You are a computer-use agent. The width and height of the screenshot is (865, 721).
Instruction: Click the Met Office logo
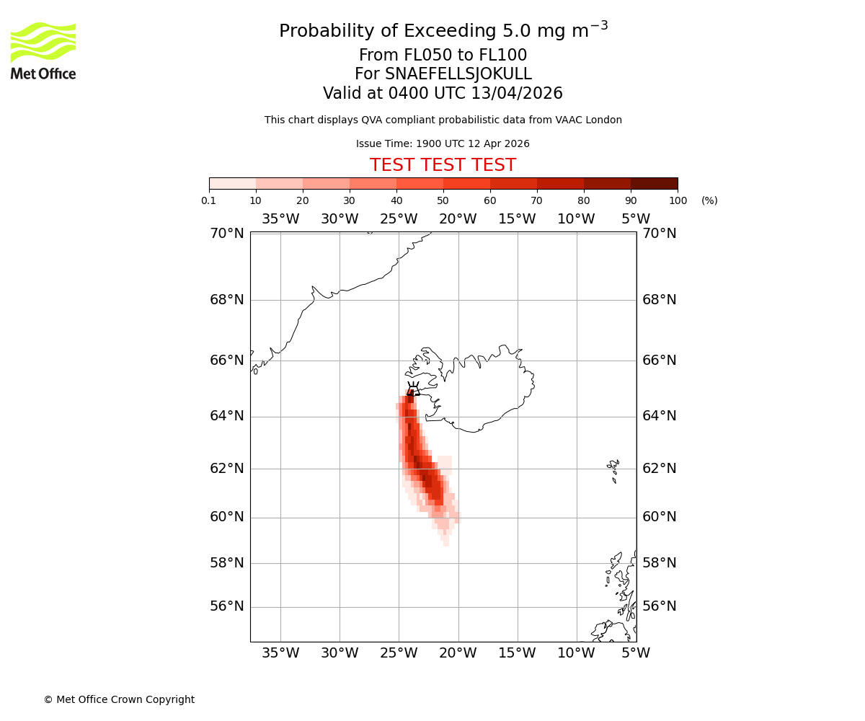tap(43, 50)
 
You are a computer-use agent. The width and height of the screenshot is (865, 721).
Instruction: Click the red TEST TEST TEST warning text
tap(443, 165)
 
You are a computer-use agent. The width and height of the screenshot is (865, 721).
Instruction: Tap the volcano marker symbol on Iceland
tap(413, 389)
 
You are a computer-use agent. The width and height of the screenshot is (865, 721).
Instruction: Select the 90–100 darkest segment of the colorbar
tap(654, 183)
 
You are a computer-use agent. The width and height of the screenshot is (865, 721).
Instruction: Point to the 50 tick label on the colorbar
tap(443, 200)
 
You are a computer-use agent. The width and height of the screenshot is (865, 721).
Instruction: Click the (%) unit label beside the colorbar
tap(709, 200)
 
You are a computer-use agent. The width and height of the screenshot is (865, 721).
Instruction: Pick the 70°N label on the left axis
tap(227, 233)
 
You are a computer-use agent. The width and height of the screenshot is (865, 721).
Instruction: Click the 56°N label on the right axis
tap(660, 606)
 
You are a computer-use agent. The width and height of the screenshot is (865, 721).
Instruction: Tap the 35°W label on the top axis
tap(280, 219)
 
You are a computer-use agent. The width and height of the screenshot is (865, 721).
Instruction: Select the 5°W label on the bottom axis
tap(636, 653)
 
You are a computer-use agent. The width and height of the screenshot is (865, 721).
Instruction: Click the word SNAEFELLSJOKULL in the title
tap(458, 74)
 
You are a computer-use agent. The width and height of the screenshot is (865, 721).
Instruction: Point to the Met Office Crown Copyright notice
tap(119, 699)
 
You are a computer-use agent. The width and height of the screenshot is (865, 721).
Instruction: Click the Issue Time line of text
tap(443, 143)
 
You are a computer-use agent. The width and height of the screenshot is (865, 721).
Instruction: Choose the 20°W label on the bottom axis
tap(458, 653)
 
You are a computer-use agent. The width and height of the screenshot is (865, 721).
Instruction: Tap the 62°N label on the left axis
tap(227, 468)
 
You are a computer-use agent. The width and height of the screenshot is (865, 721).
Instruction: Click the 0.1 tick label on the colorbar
tap(209, 200)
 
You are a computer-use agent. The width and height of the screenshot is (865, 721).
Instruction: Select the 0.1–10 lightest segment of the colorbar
tap(233, 183)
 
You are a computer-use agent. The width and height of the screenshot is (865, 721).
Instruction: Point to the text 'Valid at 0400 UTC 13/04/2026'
tap(443, 94)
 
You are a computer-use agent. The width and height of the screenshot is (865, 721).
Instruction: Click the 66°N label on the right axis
tap(660, 360)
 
